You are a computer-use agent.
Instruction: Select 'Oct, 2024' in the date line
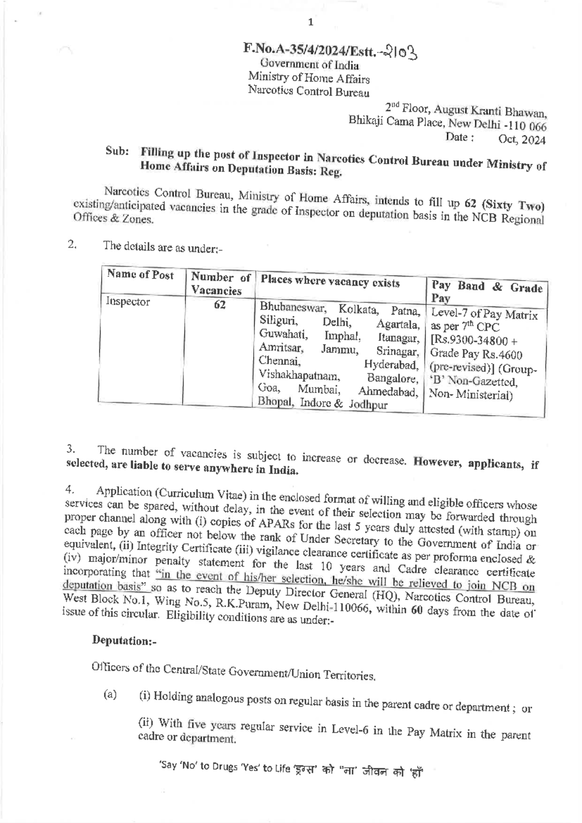click(x=522, y=141)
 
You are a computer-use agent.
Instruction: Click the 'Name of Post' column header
click(x=140, y=275)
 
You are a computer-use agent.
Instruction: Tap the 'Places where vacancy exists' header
click(x=330, y=282)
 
